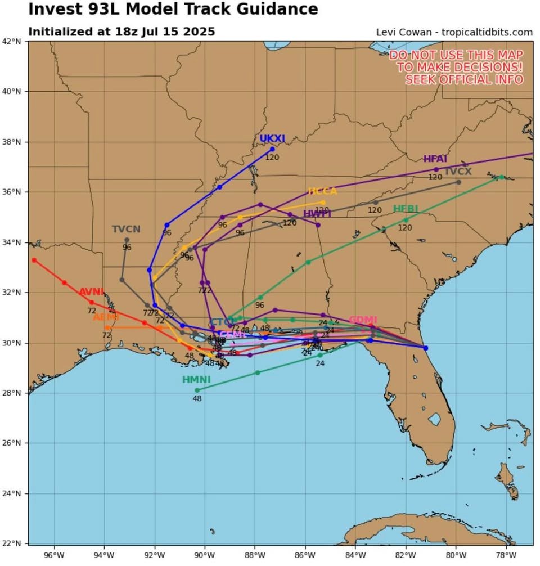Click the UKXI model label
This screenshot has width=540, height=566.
pyautogui.click(x=272, y=139)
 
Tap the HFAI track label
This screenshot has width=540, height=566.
pyautogui.click(x=435, y=159)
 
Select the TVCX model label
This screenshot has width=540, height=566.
pyautogui.click(x=458, y=172)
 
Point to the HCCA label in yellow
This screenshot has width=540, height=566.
pyautogui.click(x=322, y=191)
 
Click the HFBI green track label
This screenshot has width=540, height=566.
pyautogui.click(x=406, y=209)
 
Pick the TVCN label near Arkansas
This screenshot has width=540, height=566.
pyautogui.click(x=126, y=229)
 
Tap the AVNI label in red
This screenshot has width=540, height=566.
pyautogui.click(x=92, y=292)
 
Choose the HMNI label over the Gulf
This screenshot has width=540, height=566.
pyautogui.click(x=196, y=380)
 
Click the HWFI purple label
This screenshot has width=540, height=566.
pyautogui.click(x=317, y=214)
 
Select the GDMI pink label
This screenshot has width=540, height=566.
pyautogui.click(x=363, y=320)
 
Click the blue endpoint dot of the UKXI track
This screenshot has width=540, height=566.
pyautogui.click(x=272, y=149)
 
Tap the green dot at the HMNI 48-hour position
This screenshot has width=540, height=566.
pyautogui.click(x=197, y=390)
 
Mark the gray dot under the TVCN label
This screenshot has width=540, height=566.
pyautogui.click(x=127, y=240)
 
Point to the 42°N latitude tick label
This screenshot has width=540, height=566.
pyautogui.click(x=15, y=41)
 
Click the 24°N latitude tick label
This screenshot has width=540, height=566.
pyautogui.click(x=15, y=493)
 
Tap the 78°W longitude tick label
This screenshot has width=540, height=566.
pyautogui.click(x=506, y=555)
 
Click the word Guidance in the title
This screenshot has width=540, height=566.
pyautogui.click(x=272, y=10)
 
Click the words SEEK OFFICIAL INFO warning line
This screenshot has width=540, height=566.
pyautogui.click(x=464, y=79)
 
